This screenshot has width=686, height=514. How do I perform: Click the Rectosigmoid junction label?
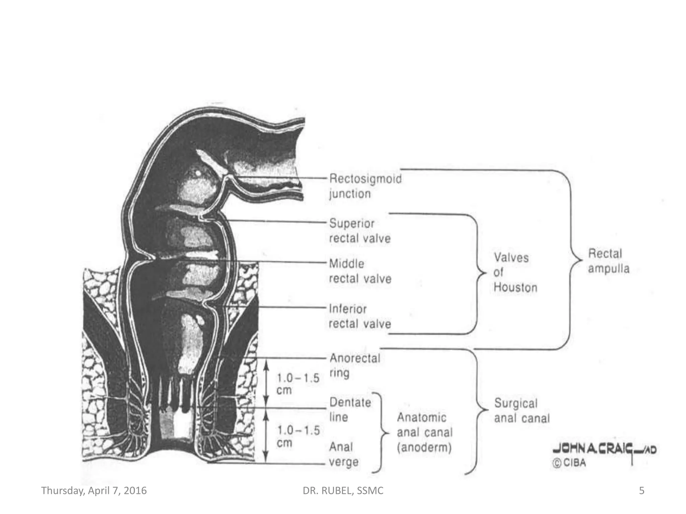[x=365, y=186]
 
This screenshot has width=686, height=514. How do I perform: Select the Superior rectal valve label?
[x=360, y=231]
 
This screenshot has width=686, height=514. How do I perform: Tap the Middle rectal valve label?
[x=360, y=271]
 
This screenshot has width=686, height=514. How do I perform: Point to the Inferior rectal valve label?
[x=360, y=316]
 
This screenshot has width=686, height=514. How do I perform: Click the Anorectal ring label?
[x=354, y=365]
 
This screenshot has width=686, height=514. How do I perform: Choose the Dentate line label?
[x=350, y=410]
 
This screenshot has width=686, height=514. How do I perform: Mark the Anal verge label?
[x=344, y=454]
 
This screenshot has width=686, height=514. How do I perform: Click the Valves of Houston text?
[x=515, y=272]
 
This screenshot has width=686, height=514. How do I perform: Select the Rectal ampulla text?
[x=609, y=261]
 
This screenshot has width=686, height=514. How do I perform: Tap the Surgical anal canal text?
[x=522, y=411]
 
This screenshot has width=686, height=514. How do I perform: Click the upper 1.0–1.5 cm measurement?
[x=297, y=384]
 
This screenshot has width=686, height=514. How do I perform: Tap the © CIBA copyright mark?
[x=569, y=463]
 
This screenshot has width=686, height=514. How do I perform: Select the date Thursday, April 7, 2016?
[x=94, y=491]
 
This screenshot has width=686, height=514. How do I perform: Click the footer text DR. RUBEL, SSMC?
[x=343, y=491]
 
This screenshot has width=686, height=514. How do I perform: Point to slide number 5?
[x=641, y=491]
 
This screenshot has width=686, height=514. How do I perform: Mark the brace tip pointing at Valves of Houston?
[x=484, y=273]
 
